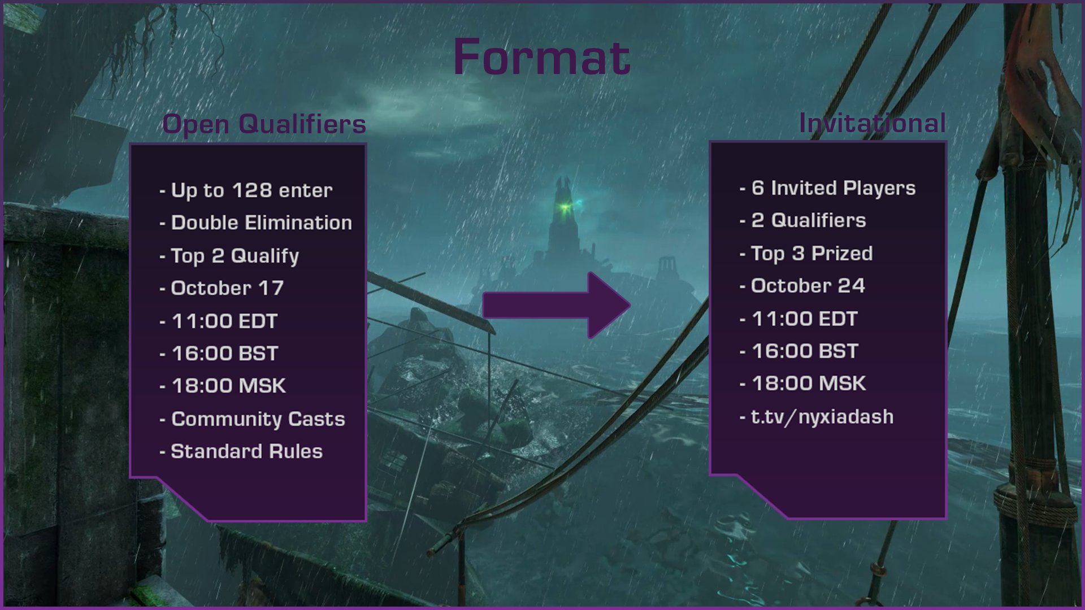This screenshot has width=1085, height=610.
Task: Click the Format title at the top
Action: [541, 57]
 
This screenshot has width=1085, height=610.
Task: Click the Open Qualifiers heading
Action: [264, 124]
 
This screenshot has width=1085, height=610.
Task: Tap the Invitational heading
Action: [872, 123]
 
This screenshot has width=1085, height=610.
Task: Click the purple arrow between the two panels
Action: [557, 306]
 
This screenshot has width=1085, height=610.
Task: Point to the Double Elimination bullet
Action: [261, 223]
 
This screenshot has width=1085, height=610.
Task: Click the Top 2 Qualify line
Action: [235, 256]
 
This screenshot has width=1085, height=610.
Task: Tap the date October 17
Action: [227, 288]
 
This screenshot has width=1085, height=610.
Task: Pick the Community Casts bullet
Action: [258, 419]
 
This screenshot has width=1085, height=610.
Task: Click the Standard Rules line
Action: [246, 451]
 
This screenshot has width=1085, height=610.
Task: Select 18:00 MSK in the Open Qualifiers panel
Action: [229, 386]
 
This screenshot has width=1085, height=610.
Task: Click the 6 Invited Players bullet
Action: [833, 188]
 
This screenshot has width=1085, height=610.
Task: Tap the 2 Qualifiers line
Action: [808, 220]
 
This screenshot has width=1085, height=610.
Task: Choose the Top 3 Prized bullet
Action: [811, 254]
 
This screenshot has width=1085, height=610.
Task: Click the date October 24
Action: [808, 286]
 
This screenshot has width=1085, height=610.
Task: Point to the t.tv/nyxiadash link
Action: [822, 417]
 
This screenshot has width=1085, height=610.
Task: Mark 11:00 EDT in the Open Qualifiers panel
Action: [224, 321]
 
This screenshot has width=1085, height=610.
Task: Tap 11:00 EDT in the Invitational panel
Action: [805, 319]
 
